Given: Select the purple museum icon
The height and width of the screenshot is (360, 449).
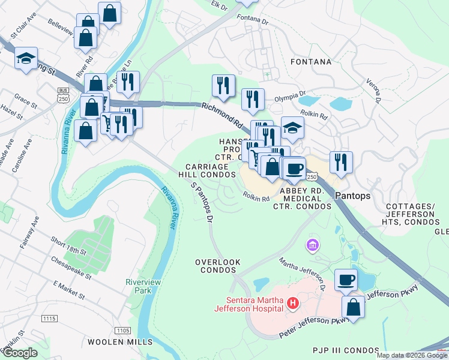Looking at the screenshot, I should point(312,245).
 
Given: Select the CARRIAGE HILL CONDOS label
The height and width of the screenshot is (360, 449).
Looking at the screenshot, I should point(207,170).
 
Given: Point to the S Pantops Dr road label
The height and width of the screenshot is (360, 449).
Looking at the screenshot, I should point(202,203).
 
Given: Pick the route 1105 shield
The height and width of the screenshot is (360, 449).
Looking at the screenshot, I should point(122,330).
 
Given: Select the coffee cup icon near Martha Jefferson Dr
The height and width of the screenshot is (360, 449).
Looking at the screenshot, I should point(346,280).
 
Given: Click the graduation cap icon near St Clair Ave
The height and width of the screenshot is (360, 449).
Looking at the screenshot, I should point(26,58).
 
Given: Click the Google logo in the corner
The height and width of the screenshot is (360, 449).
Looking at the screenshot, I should point(19,352).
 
